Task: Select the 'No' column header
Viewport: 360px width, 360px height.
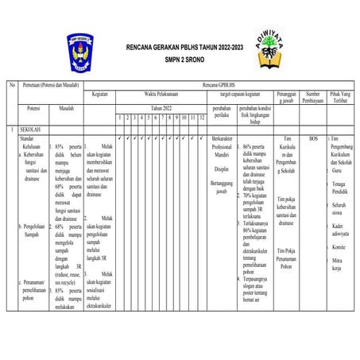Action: pyautogui.click(x=12, y=84)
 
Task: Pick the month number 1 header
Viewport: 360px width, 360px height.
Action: pyautogui.click(x=119, y=118)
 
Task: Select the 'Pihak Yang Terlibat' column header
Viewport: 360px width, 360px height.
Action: pyautogui.click(x=343, y=97)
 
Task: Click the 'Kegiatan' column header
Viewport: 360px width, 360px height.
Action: pyautogui.click(x=99, y=94)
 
